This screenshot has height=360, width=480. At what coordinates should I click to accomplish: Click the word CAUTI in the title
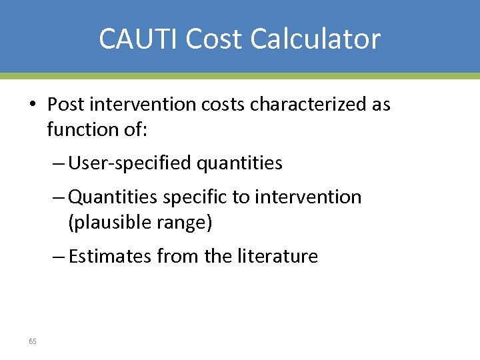(x=139, y=39)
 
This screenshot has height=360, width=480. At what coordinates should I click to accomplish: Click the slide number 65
(x=33, y=341)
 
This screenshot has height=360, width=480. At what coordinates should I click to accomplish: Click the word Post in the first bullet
(x=65, y=104)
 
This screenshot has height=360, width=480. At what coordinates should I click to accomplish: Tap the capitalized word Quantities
(x=110, y=197)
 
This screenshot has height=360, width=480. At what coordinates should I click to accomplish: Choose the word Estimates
(x=110, y=256)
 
